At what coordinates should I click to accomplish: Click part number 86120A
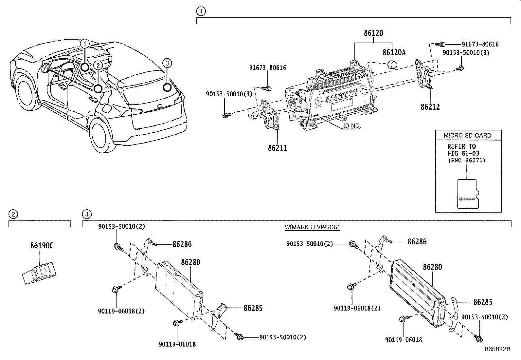394,52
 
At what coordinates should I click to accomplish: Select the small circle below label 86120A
393,65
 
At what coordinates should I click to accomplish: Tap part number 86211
278,148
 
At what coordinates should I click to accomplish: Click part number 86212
430,107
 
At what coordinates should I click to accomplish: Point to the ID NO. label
352,126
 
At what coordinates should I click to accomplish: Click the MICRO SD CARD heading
467,135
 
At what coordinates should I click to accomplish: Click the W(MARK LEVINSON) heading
312,227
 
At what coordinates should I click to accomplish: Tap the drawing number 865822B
497,349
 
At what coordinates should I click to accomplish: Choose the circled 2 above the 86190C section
13,215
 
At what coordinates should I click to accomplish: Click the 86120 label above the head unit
373,33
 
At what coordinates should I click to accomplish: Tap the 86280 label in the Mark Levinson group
432,267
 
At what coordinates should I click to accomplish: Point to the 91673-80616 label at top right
480,44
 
